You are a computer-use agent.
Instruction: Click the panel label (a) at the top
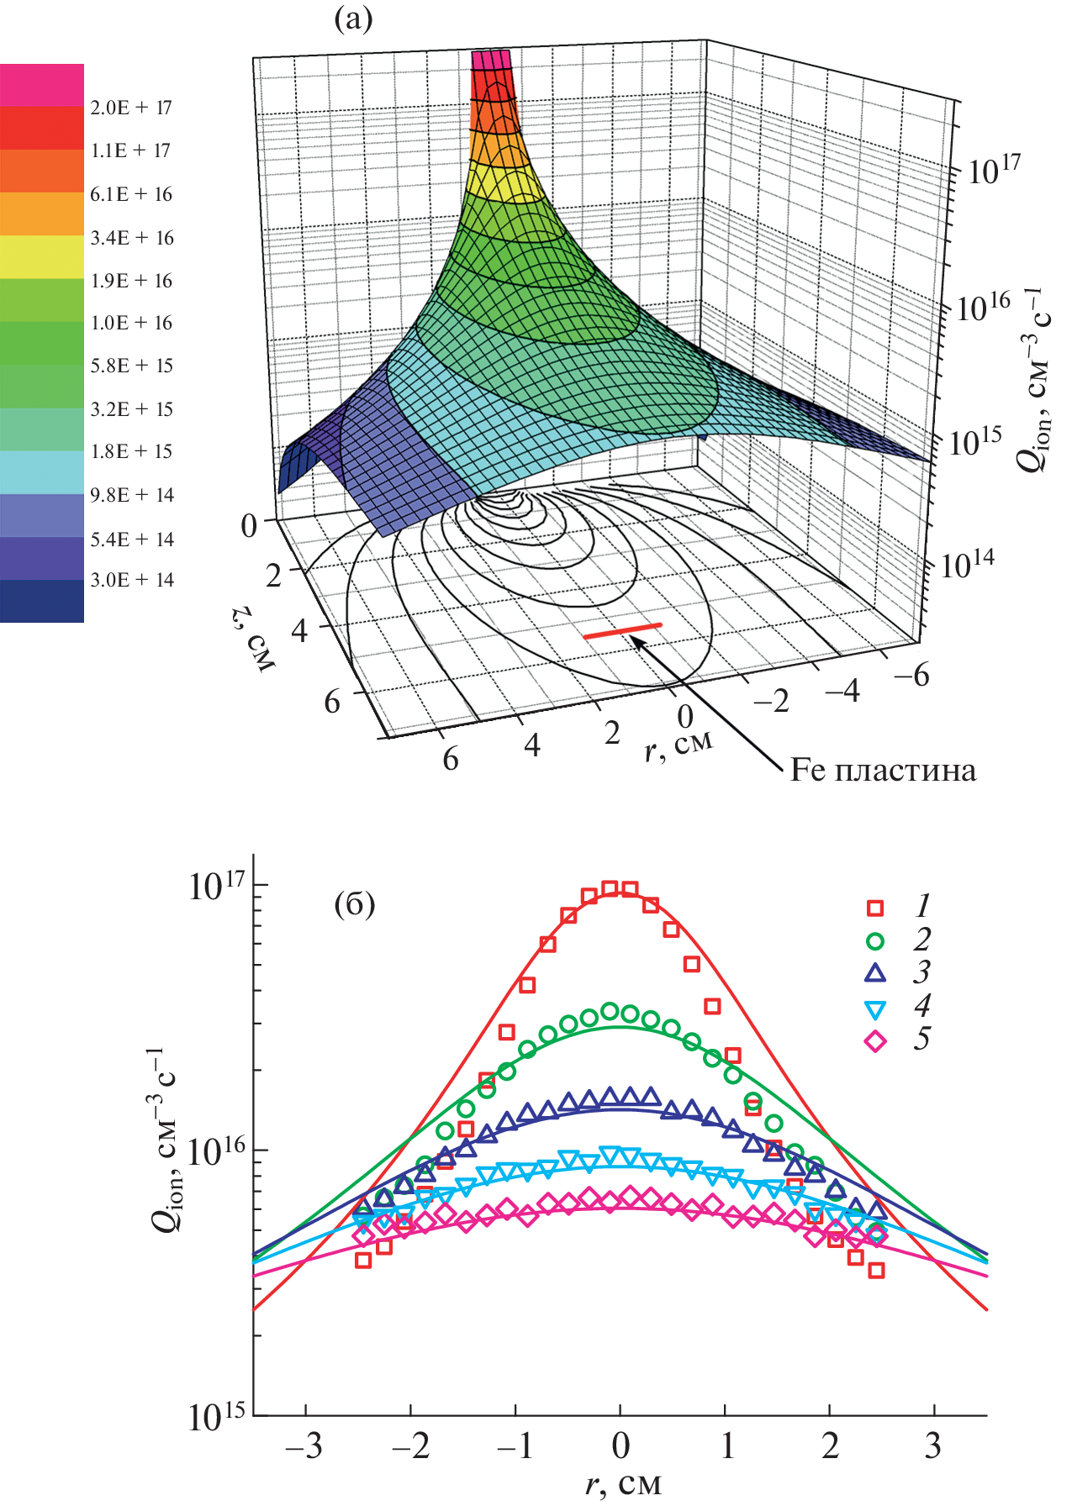click(353, 18)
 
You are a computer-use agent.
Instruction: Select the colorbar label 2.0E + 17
click(131, 108)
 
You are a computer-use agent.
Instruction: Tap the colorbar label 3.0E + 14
click(131, 580)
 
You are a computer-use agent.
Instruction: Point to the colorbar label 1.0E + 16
click(131, 323)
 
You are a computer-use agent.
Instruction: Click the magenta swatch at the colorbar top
click(42, 85)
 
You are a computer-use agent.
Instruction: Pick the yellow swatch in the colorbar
click(42, 256)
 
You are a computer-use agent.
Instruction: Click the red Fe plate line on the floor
click(623, 630)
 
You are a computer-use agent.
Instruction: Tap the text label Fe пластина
click(883, 771)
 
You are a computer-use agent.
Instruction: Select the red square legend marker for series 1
click(875, 908)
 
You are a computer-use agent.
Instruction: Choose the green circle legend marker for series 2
click(875, 940)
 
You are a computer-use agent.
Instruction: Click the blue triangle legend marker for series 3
click(875, 973)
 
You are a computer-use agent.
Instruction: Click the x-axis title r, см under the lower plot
click(623, 1484)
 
